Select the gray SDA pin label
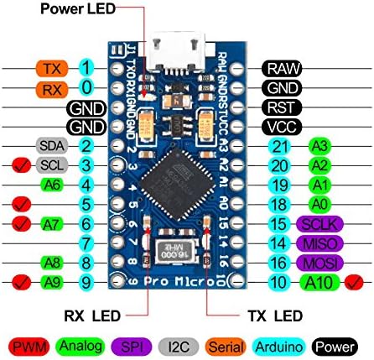pyautogui.click(x=49, y=145)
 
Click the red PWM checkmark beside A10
pyautogui.click(x=358, y=282)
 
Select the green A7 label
pyautogui.click(x=49, y=223)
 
